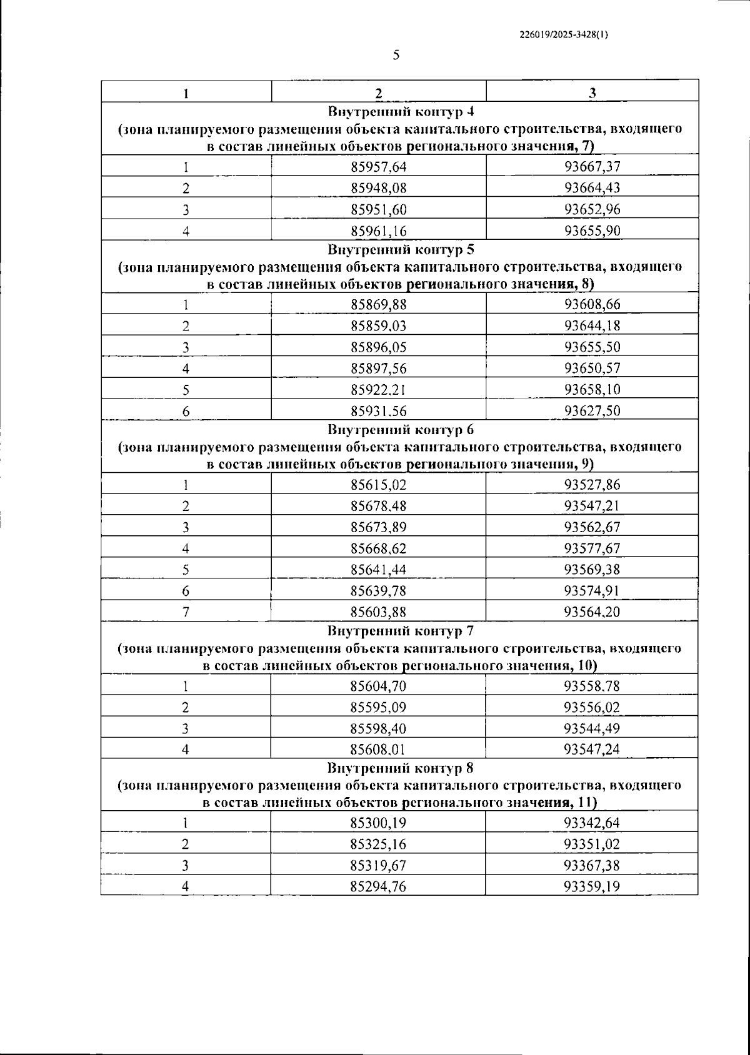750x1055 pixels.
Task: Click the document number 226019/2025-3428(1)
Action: [x=564, y=36]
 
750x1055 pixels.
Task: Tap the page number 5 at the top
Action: [x=396, y=55]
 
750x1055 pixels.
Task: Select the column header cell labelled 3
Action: [x=592, y=92]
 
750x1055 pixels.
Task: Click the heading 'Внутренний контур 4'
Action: [x=401, y=112]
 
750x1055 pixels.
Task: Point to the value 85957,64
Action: [x=379, y=167]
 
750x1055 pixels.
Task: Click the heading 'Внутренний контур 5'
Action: [x=401, y=250]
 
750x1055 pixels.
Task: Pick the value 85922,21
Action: [x=379, y=390]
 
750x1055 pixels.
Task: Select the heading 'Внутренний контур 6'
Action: [x=401, y=430]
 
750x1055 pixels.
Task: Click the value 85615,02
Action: [x=379, y=485]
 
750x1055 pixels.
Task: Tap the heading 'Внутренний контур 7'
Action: [x=401, y=631]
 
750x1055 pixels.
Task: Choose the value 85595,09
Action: [x=379, y=708]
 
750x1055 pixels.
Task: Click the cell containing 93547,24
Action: [x=592, y=750]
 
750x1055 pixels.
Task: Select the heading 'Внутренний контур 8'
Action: [x=401, y=768]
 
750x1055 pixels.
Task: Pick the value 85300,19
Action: [x=379, y=823]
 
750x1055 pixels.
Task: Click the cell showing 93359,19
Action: [x=592, y=886]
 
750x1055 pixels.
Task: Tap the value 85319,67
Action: [x=379, y=865]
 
